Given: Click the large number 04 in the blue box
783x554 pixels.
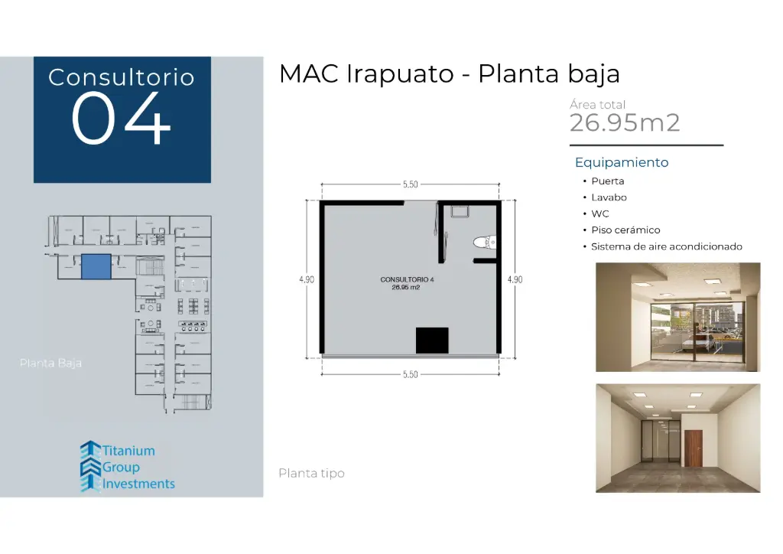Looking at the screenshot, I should coord(121,119).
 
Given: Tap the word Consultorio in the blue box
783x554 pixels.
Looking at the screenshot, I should coord(121,77).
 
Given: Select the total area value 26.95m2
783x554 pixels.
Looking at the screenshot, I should coord(625,122).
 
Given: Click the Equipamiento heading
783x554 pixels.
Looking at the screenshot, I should coord(621,162).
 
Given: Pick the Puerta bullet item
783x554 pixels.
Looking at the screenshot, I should coord(607,181).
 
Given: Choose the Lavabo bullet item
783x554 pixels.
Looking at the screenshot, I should coord(609,197).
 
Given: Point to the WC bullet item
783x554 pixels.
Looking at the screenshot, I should coord(599,213).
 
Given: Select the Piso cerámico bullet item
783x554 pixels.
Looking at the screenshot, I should coord(625,230).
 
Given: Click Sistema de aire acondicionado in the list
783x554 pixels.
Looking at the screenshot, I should coord(666,246).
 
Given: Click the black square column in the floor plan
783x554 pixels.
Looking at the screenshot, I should coord(432,340).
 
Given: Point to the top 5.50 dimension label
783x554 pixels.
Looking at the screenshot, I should coord(411,184).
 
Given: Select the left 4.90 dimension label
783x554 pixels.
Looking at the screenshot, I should coord(306,279).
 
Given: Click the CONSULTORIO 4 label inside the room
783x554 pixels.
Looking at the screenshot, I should coord(407,280).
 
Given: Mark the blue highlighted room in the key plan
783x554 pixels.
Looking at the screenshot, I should coord(96,267).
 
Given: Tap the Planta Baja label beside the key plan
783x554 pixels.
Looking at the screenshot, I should coord(50,363).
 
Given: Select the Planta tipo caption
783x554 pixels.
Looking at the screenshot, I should coord(311,474).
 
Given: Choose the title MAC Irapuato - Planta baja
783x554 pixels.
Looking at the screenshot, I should coord(449,74).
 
